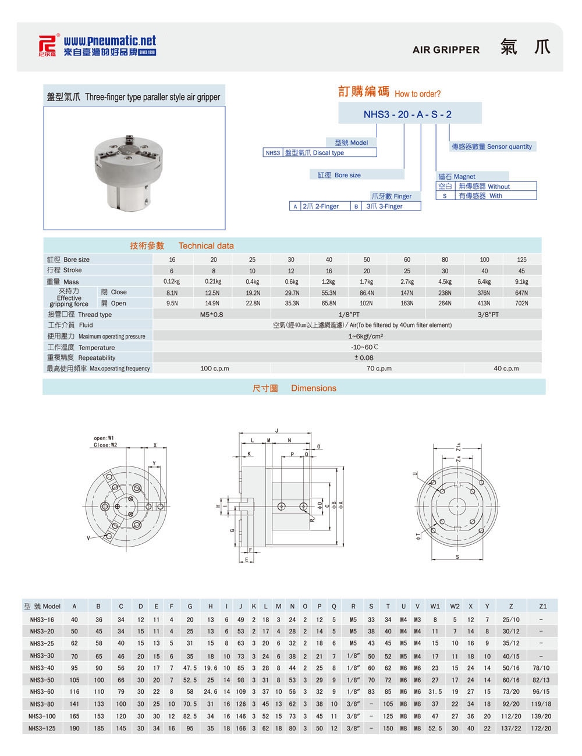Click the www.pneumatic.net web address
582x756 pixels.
click(x=110, y=41)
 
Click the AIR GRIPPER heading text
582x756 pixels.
click(x=446, y=50)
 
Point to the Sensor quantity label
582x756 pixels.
click(x=492, y=147)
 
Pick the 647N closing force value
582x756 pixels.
click(x=521, y=293)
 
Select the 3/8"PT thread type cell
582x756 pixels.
click(x=487, y=314)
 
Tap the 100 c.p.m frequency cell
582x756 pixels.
click(x=215, y=368)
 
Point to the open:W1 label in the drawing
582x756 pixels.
click(x=104, y=438)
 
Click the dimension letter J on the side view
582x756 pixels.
click(x=277, y=430)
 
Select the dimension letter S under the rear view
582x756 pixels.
click(x=457, y=557)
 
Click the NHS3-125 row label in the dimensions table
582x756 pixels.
click(x=42, y=728)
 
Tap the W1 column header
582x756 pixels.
click(x=435, y=606)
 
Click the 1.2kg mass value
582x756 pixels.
click(x=329, y=281)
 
